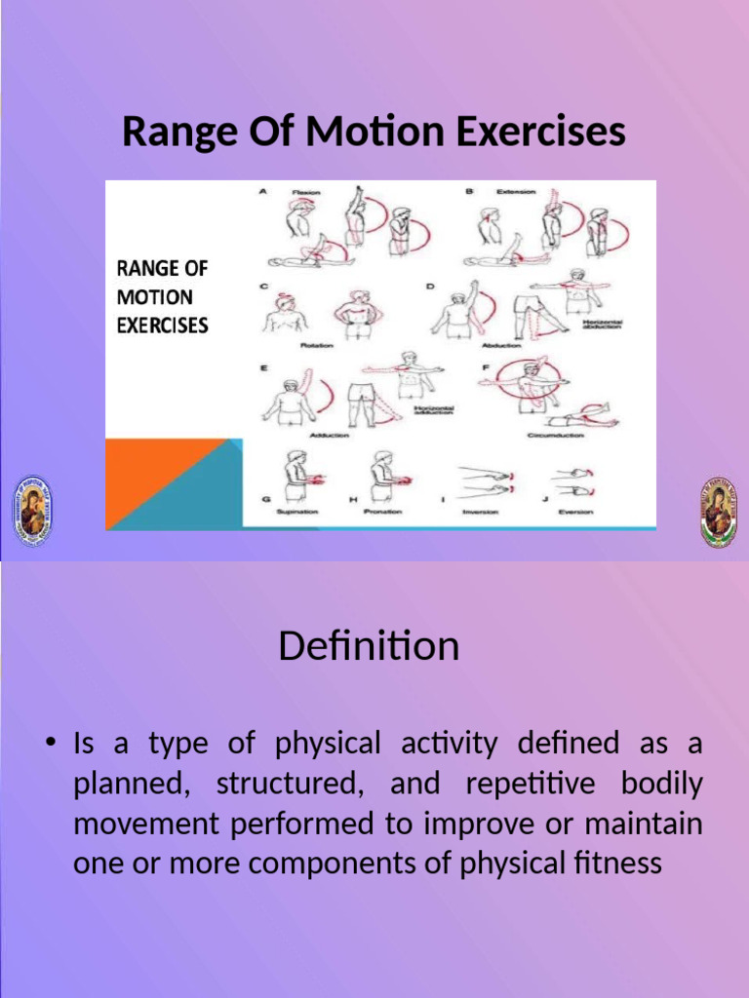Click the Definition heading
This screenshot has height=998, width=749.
(x=369, y=646)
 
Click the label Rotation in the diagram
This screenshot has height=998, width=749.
(x=317, y=346)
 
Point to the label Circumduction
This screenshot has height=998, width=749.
(x=555, y=435)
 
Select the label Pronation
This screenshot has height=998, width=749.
(x=382, y=511)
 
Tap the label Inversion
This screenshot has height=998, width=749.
(x=480, y=511)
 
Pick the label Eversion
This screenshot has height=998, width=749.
(x=575, y=511)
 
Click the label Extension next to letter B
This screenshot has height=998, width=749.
(x=516, y=192)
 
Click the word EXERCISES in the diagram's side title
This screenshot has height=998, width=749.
(x=163, y=325)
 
